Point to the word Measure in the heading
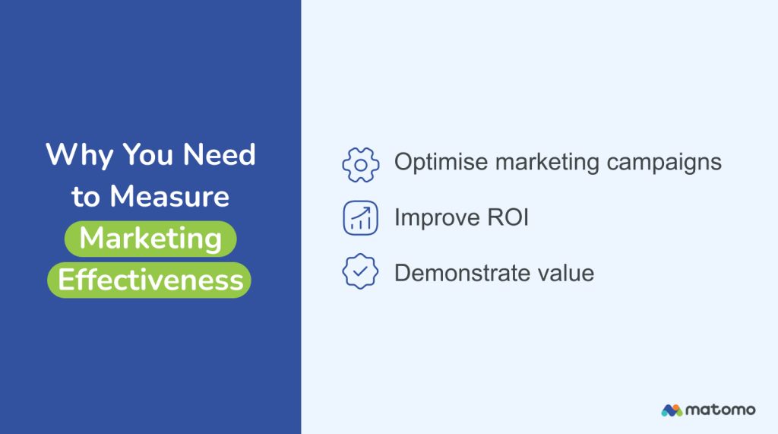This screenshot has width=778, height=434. pos(169,197)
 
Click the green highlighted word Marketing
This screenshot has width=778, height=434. pos(150,239)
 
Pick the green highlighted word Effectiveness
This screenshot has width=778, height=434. pos(150,280)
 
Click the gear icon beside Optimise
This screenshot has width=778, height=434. pos(360,163)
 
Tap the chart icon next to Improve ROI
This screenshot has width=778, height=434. pos(360,218)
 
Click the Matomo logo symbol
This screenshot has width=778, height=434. pos(672,410)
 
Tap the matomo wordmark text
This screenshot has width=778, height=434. pos(721,410)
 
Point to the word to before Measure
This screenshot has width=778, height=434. pos(87,197)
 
